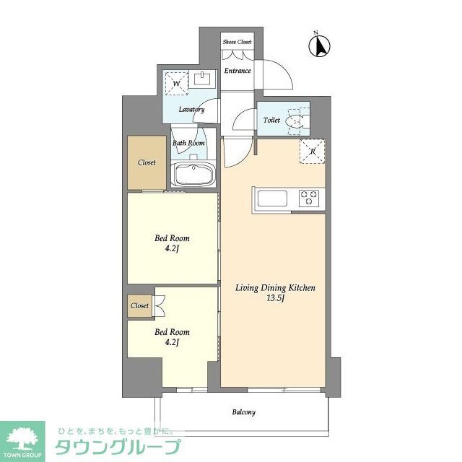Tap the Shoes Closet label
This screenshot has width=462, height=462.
237,43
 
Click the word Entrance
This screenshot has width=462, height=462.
237,71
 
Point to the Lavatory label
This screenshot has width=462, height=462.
192,110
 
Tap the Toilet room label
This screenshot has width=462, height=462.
271,120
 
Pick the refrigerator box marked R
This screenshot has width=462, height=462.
313,152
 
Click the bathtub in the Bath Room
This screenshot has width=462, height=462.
192,175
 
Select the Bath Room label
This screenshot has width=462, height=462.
188,143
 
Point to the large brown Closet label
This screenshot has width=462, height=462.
147,162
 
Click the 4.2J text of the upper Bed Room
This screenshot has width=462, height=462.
173,248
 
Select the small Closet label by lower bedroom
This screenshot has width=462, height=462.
139,305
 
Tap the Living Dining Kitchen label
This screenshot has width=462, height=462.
275,288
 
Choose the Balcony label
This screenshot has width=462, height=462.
243,412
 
